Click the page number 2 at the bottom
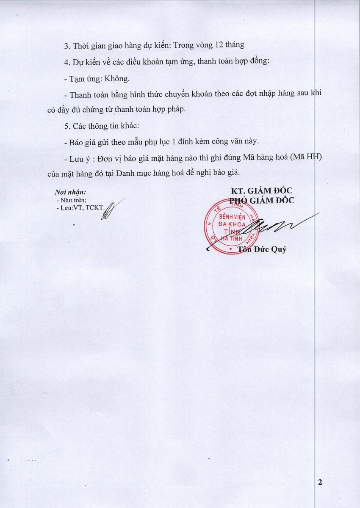320,483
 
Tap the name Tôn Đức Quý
265,249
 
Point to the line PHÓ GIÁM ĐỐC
261,201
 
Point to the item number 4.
66,62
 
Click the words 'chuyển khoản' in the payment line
186,94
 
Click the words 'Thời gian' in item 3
88,45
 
